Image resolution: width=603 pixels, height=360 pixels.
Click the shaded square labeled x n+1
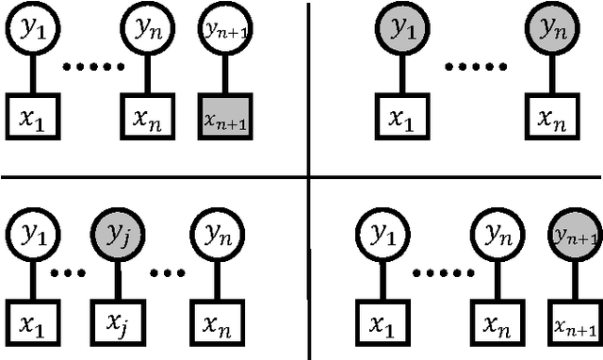225,116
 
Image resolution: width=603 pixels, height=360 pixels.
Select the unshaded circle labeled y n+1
225,30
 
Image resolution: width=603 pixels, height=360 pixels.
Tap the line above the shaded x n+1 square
225,74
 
